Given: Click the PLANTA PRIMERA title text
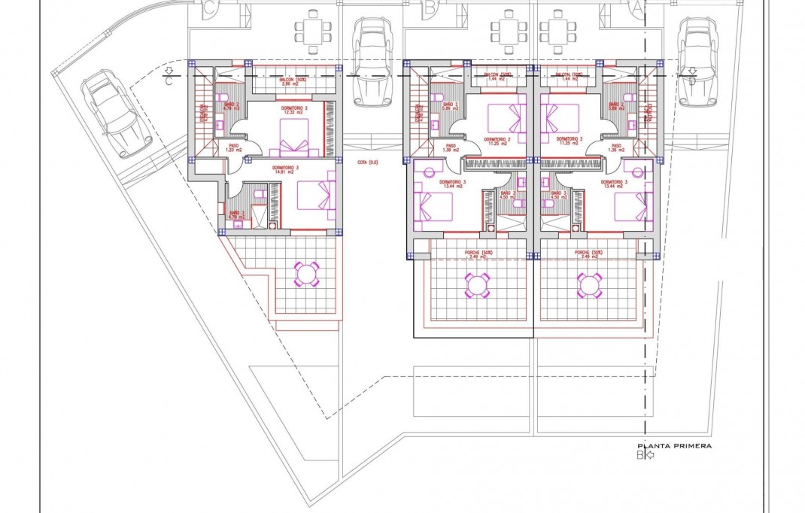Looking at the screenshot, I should pyautogui.click(x=674, y=445).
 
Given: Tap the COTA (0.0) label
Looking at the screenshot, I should pyautogui.click(x=368, y=162).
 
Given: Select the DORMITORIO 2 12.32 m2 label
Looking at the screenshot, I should pyautogui.click(x=294, y=110).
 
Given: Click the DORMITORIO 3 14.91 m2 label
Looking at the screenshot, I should pyautogui.click(x=263, y=170).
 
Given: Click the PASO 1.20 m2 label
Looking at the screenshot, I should pyautogui.click(x=233, y=148).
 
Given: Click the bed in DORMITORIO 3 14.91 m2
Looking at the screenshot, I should pyautogui.click(x=316, y=194).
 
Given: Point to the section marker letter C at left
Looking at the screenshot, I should pyautogui.click(x=169, y=81).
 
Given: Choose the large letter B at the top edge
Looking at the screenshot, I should pyautogui.click(x=430, y=8).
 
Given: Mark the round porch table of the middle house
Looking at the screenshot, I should pyautogui.click(x=477, y=284).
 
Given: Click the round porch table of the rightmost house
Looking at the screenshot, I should pyautogui.click(x=589, y=284).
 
